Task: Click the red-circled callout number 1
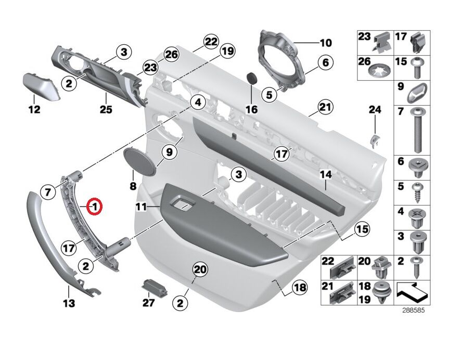[x=95, y=207]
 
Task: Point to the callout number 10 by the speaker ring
[x=325, y=42]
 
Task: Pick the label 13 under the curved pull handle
[x=69, y=302]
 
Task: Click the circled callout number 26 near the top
[x=171, y=54]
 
